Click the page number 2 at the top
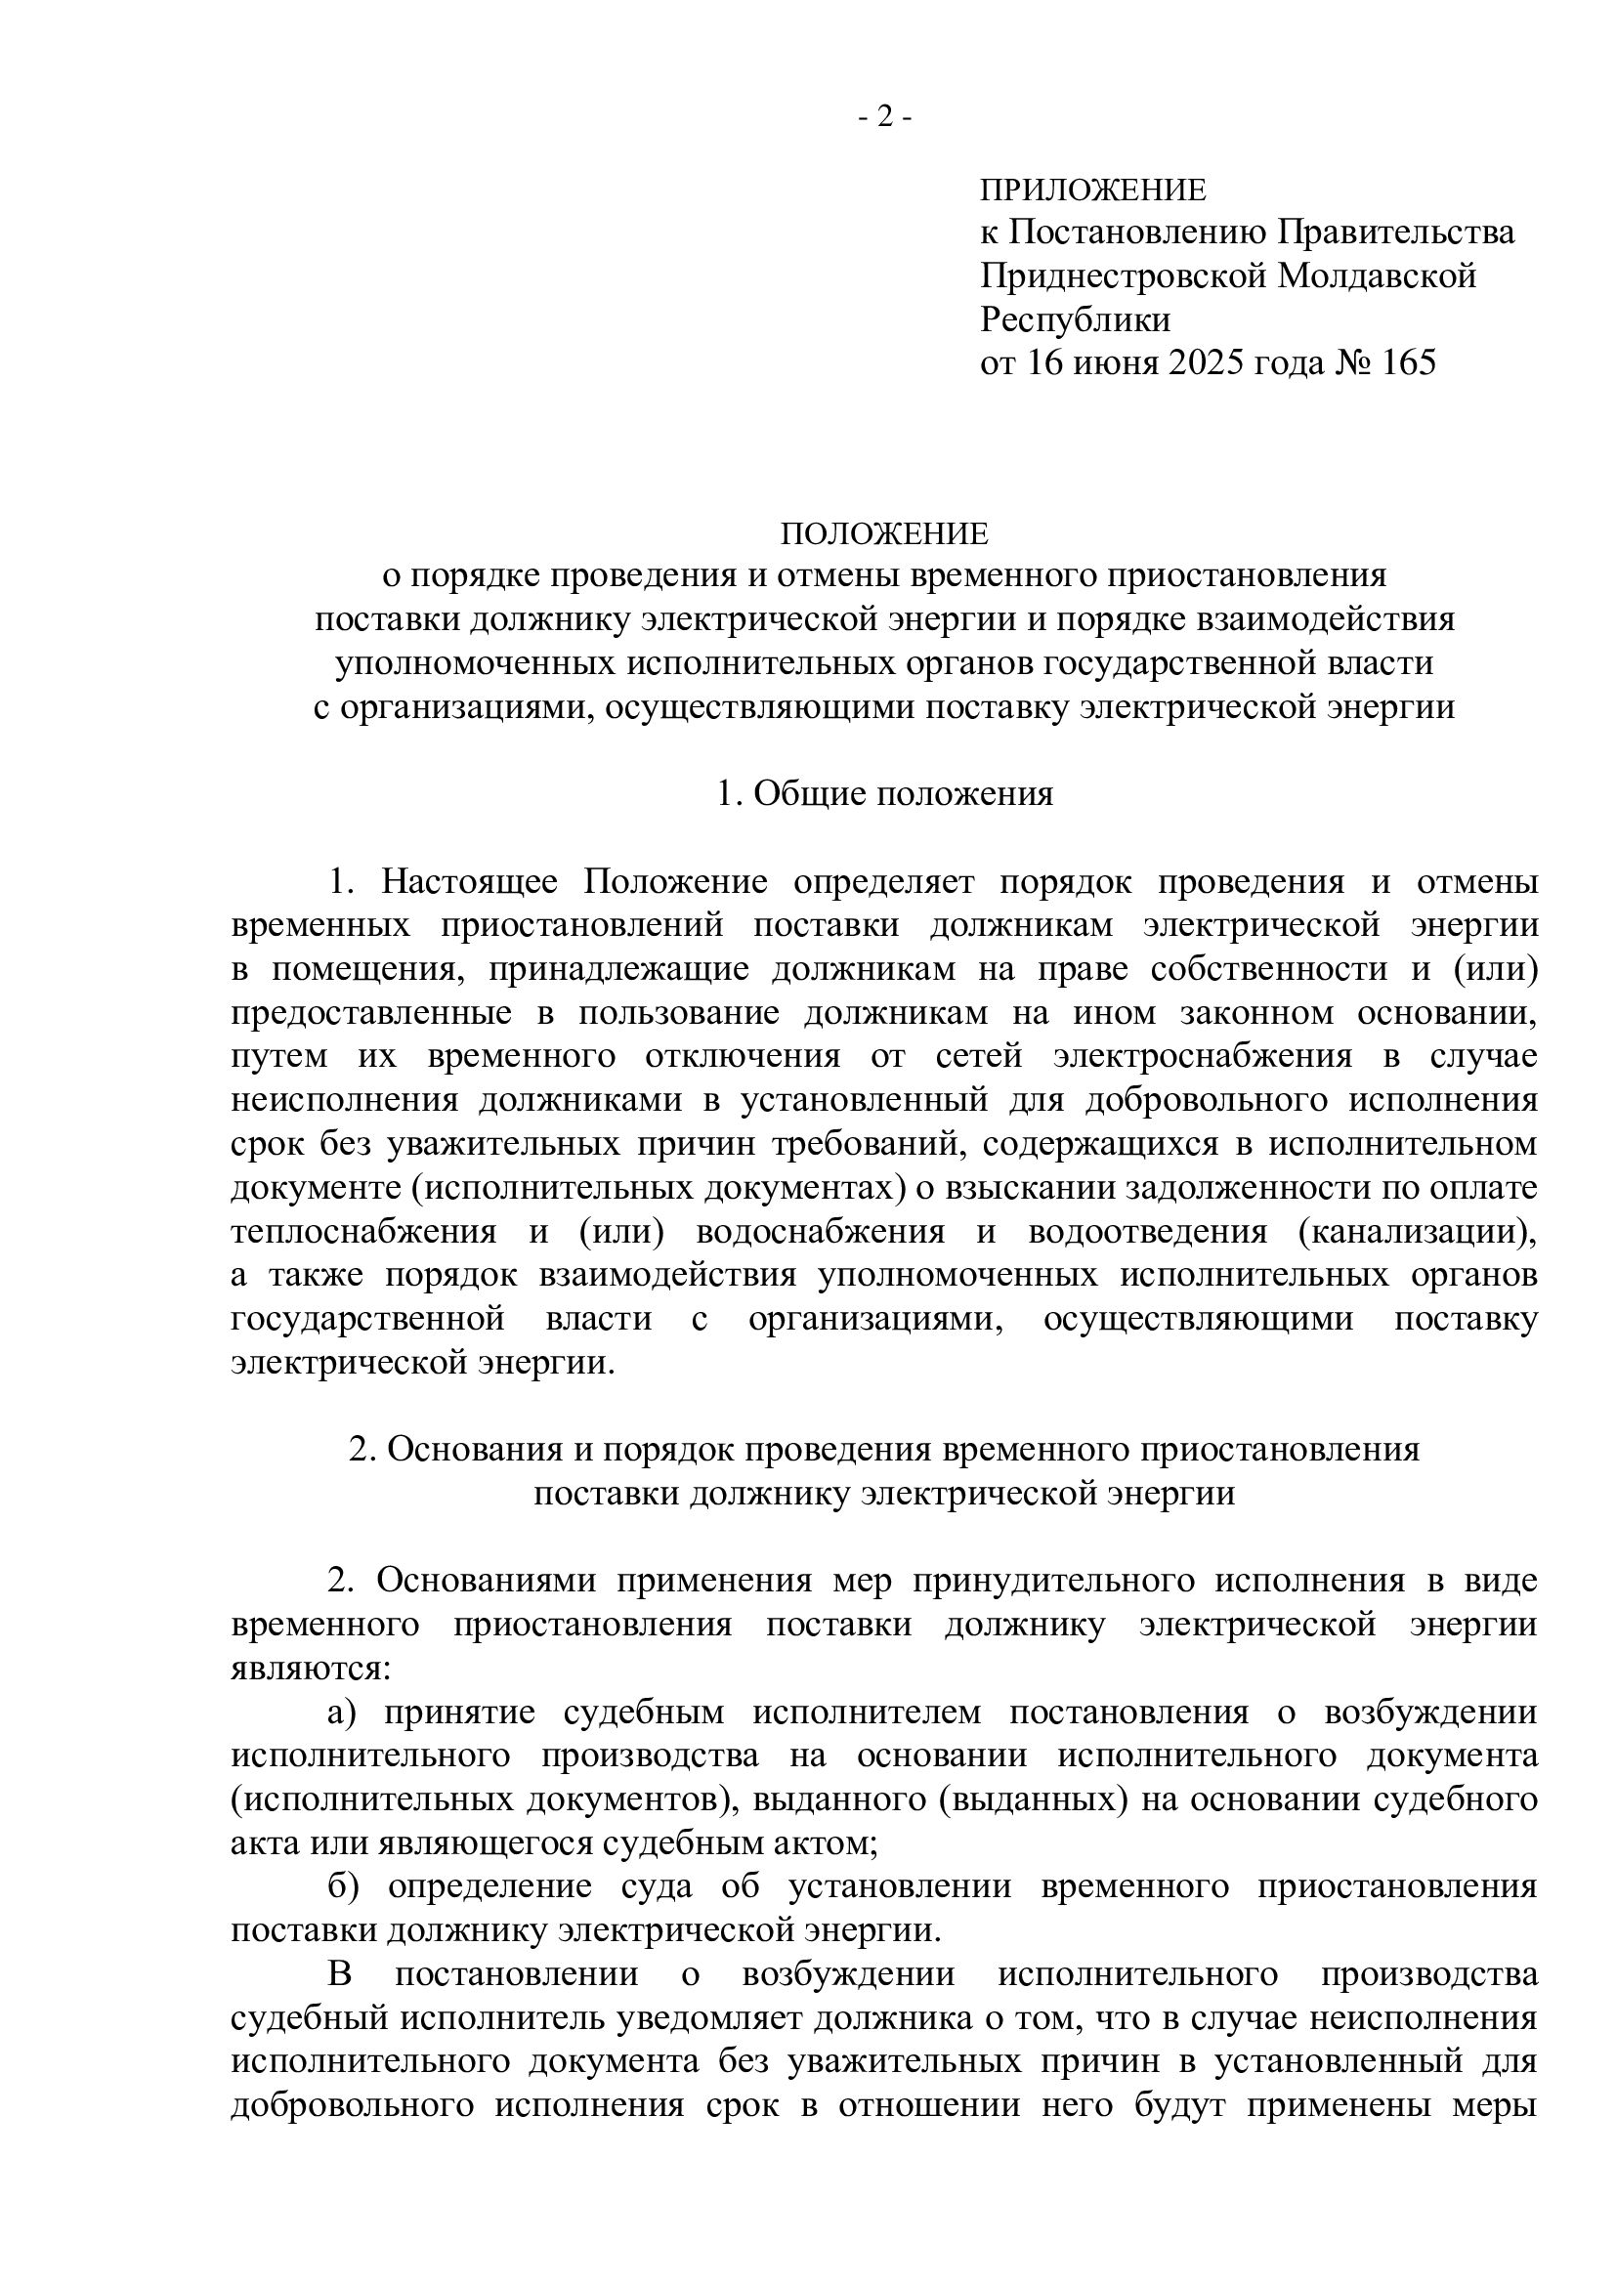884,118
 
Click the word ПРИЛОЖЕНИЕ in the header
1092,190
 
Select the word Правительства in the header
1396,232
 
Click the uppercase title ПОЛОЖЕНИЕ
884,534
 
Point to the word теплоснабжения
363,1231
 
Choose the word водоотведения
1147,1231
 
